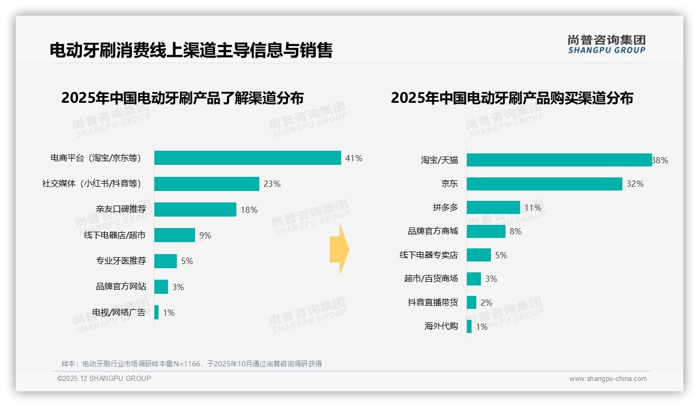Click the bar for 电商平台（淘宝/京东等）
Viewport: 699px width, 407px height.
click(247, 158)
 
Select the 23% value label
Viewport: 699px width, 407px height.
click(272, 184)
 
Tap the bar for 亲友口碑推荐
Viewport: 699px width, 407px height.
click(195, 210)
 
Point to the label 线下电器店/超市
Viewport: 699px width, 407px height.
click(115, 235)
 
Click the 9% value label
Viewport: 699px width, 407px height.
click(205, 235)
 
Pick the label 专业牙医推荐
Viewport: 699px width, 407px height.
click(121, 261)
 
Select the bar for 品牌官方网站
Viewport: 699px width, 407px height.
click(161, 287)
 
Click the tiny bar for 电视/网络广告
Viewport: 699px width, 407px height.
click(156, 313)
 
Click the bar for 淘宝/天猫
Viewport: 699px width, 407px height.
click(559, 160)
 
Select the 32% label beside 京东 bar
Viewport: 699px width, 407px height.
click(635, 184)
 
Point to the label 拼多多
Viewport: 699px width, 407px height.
click(445, 208)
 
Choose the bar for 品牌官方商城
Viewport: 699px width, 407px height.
click(486, 231)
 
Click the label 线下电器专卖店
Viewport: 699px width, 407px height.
click(428, 255)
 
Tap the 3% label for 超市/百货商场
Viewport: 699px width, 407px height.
click(491, 279)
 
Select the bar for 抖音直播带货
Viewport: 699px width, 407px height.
click(471, 303)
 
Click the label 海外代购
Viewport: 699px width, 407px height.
click(441, 327)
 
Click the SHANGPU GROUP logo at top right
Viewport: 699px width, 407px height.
click(606, 44)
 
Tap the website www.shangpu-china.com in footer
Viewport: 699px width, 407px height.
click(608, 379)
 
